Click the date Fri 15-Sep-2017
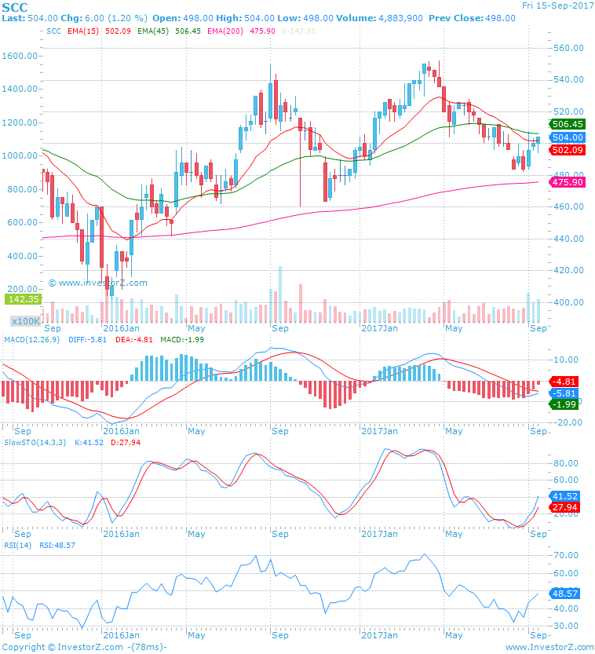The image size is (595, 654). coord(557,5)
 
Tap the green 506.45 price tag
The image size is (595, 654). coord(568,124)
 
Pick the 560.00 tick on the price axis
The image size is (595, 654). coord(568,48)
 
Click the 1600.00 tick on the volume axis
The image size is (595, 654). coord(20,57)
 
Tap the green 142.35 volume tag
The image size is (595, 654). coord(23,299)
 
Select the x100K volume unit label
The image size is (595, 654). coord(25,321)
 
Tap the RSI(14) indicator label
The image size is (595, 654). coord(16,545)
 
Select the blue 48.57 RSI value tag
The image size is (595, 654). coord(565,594)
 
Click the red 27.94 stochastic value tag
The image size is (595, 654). coord(565,508)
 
